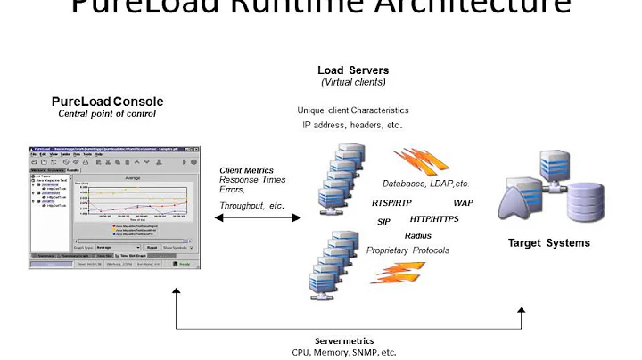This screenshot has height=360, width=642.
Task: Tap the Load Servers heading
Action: (x=352, y=70)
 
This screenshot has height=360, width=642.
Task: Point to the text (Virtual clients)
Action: (x=352, y=83)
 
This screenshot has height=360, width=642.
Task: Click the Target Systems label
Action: (x=548, y=242)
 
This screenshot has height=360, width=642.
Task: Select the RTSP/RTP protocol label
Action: (x=396, y=203)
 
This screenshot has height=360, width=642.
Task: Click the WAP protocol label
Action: (x=464, y=203)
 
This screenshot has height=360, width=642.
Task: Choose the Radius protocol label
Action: (x=418, y=235)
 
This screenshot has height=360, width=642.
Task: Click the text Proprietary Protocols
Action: (x=408, y=250)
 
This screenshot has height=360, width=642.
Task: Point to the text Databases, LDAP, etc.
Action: (x=425, y=184)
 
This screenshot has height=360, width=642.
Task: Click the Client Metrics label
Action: (x=247, y=170)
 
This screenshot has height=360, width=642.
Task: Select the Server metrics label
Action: (x=344, y=340)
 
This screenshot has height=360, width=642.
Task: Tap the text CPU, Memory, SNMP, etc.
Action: (x=344, y=352)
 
